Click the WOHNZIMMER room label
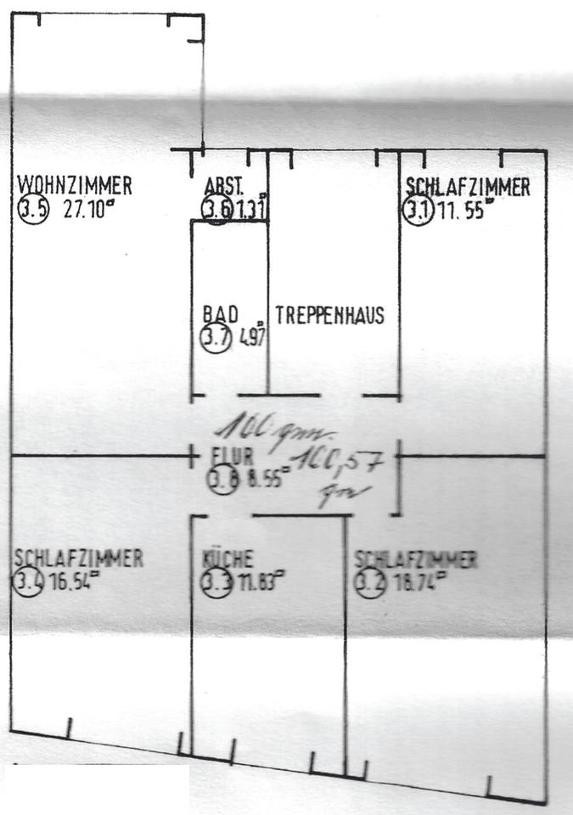(x=75, y=184)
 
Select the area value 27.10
(x=87, y=211)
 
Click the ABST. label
(x=225, y=186)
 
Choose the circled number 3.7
(x=216, y=338)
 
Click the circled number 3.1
(x=419, y=211)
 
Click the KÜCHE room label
(x=228, y=560)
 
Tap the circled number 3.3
(x=216, y=584)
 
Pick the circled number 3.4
(x=28, y=584)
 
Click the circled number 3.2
(x=370, y=584)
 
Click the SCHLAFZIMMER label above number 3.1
(x=467, y=187)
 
